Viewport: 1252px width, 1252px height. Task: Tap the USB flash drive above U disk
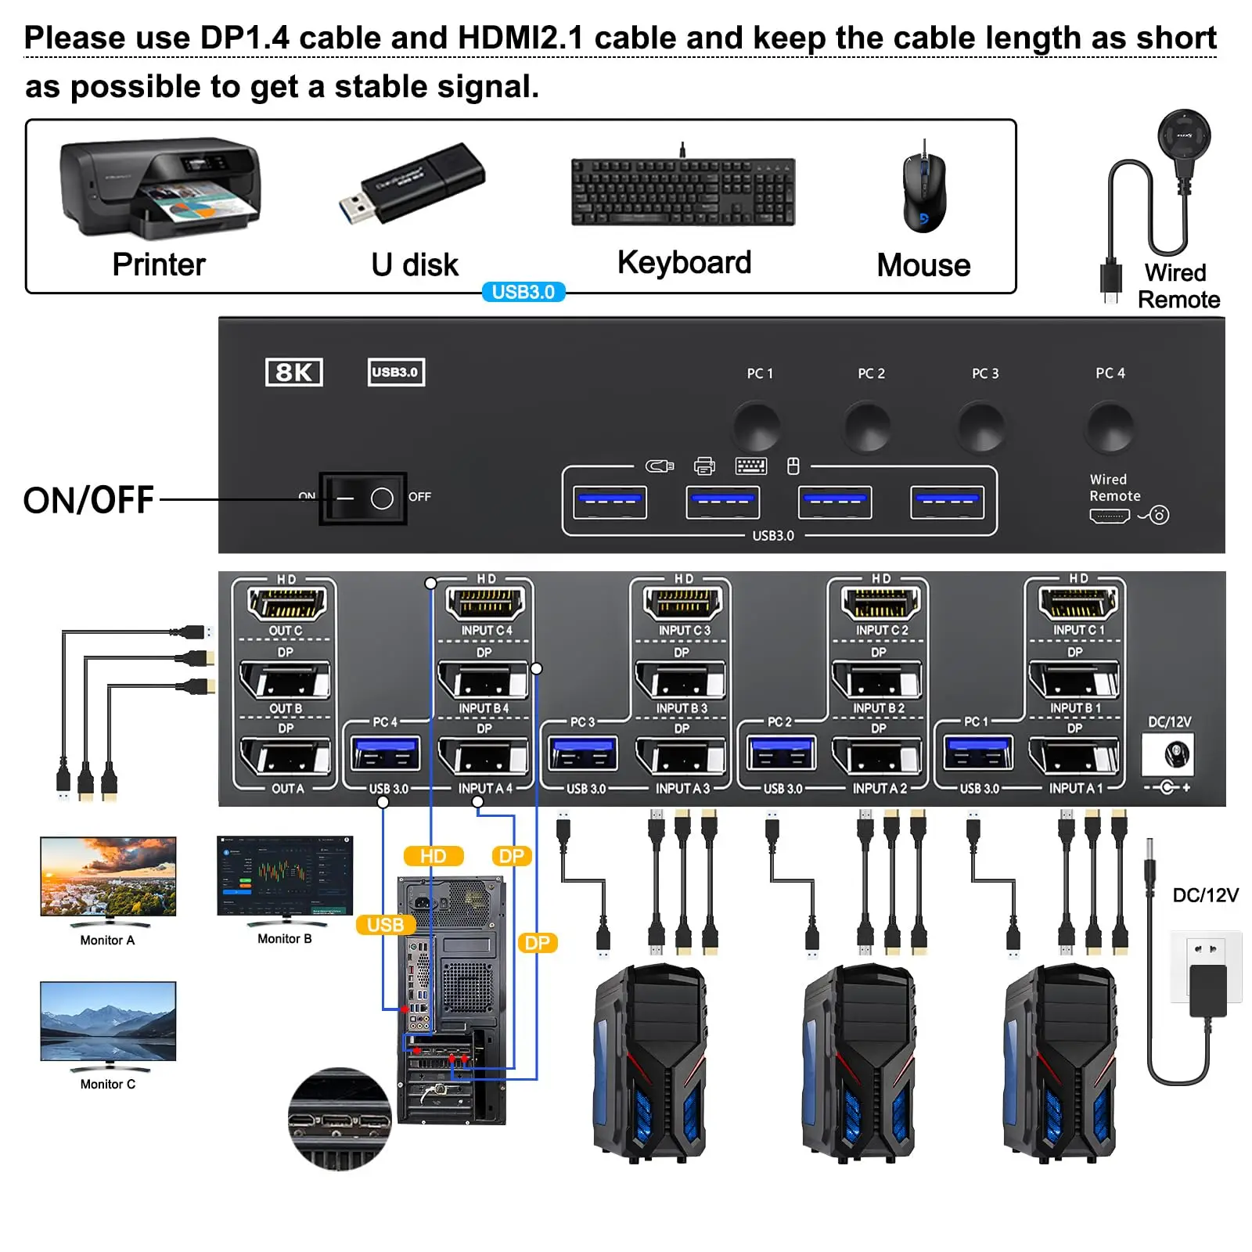tap(413, 183)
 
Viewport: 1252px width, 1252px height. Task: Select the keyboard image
tap(683, 192)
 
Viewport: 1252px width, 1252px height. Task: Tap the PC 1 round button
tap(757, 426)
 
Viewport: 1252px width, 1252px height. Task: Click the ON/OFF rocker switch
tap(362, 498)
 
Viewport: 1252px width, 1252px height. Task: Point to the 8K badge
tap(293, 372)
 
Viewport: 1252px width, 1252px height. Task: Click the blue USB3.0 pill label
tap(523, 292)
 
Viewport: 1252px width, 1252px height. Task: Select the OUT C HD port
tap(286, 603)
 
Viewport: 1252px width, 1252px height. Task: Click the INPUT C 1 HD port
tap(1078, 603)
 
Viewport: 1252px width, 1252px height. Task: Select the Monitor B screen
tap(285, 875)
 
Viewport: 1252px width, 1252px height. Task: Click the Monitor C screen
tap(108, 1021)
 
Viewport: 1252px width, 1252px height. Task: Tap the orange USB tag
tap(385, 925)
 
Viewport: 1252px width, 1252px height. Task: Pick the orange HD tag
tap(433, 856)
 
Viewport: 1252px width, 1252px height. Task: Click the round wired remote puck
tap(1184, 136)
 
